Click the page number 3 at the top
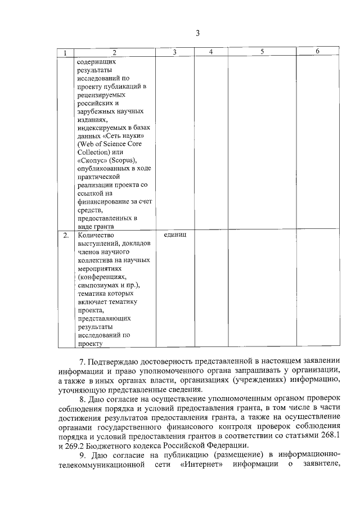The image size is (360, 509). point(197,33)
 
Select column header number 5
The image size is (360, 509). point(262,52)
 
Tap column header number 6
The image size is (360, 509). point(318,52)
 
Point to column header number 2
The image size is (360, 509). point(114,53)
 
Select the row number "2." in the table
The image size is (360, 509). point(66,235)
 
